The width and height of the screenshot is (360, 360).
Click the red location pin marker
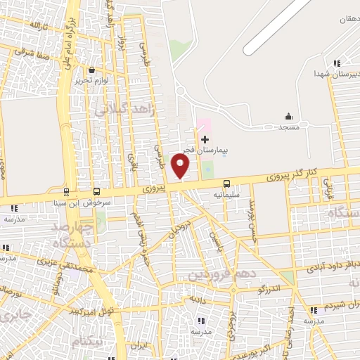click(181, 166)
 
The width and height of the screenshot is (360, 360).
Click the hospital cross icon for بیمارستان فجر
click(205, 140)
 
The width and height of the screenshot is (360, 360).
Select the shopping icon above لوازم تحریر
click(93, 70)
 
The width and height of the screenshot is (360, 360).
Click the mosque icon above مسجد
click(288, 117)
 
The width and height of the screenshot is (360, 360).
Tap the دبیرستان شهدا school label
click(335, 73)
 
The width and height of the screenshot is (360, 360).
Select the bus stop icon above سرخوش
click(96, 191)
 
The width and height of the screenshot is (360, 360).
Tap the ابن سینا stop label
click(60, 202)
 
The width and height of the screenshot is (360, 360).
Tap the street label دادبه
click(196, 299)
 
